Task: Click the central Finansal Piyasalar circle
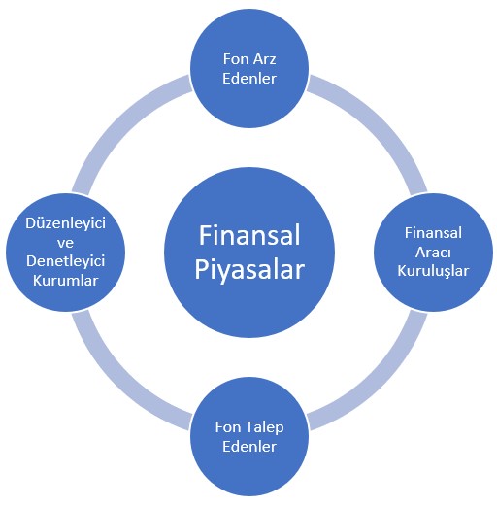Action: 249,253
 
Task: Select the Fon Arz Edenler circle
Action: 249,68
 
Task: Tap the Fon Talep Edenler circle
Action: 249,436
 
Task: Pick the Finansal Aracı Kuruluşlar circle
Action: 433,253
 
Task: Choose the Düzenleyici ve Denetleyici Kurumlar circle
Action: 65,253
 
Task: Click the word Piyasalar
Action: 249,270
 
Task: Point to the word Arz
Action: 265,59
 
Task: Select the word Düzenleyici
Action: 65,224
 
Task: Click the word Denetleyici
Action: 65,261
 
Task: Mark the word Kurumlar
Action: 65,281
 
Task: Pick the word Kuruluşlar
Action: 433,271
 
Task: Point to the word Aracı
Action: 433,253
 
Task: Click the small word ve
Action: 65,243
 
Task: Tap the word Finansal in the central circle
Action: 249,235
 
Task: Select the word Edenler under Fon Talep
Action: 249,447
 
